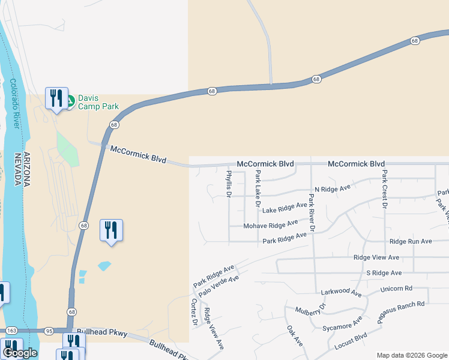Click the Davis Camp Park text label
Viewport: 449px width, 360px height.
[x=99, y=102]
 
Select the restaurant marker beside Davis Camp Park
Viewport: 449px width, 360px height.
[x=56, y=98]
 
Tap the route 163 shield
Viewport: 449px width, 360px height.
[x=11, y=331]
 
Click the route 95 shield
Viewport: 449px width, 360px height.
[x=50, y=331]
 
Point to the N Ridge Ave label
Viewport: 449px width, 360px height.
[x=328, y=188]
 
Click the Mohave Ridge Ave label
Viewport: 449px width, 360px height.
[x=270, y=225]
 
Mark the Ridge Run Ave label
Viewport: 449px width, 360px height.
[x=411, y=241]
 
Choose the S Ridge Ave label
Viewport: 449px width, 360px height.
[x=383, y=272]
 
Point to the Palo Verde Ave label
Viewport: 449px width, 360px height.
[x=219, y=286]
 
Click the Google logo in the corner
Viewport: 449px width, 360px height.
[x=20, y=353]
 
